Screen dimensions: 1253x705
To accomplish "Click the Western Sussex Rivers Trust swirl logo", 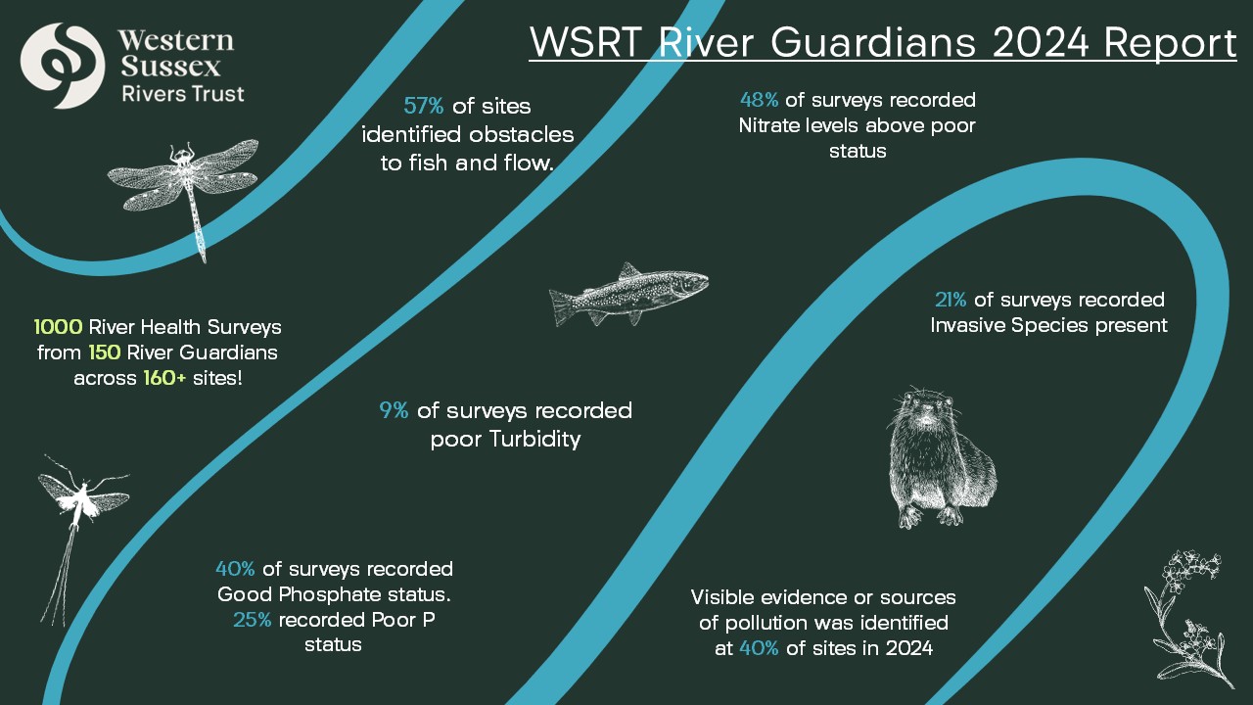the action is [x=62, y=66].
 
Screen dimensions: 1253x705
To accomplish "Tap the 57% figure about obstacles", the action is [x=424, y=106].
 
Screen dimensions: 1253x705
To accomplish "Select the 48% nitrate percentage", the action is [x=759, y=100].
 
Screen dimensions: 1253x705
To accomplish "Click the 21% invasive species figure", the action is [x=951, y=300].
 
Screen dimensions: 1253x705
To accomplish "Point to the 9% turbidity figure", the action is [x=394, y=410].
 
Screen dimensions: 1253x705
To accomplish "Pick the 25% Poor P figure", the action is [x=253, y=620].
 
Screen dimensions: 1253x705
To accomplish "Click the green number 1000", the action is [x=58, y=327].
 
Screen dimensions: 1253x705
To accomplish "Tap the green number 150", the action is [x=104, y=352].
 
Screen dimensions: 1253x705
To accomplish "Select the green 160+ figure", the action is [x=164, y=378].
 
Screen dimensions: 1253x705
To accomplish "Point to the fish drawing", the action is [x=628, y=295].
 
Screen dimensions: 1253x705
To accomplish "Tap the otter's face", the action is [x=925, y=413].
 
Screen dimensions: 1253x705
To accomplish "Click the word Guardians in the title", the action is [x=872, y=42].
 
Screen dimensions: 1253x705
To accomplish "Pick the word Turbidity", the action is [x=535, y=440].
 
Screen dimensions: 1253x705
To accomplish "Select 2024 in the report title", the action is [x=1041, y=42].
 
